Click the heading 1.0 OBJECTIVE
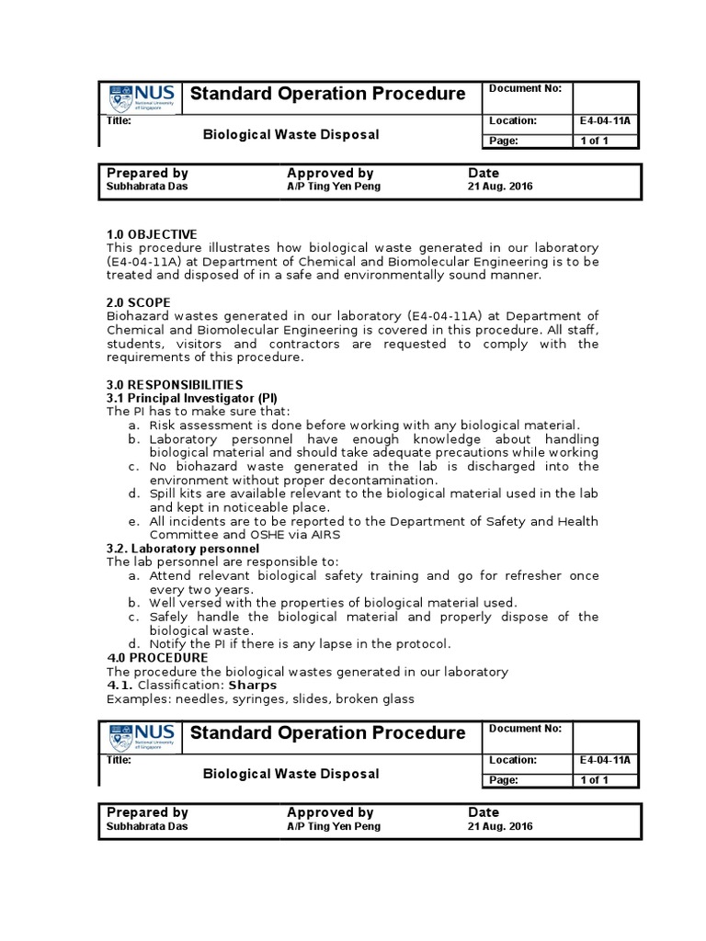point(152,234)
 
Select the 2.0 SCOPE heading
point(140,302)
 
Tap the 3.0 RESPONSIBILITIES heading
point(175,384)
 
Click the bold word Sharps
point(252,685)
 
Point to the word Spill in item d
point(164,493)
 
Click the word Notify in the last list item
point(168,643)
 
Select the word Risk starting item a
point(164,425)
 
